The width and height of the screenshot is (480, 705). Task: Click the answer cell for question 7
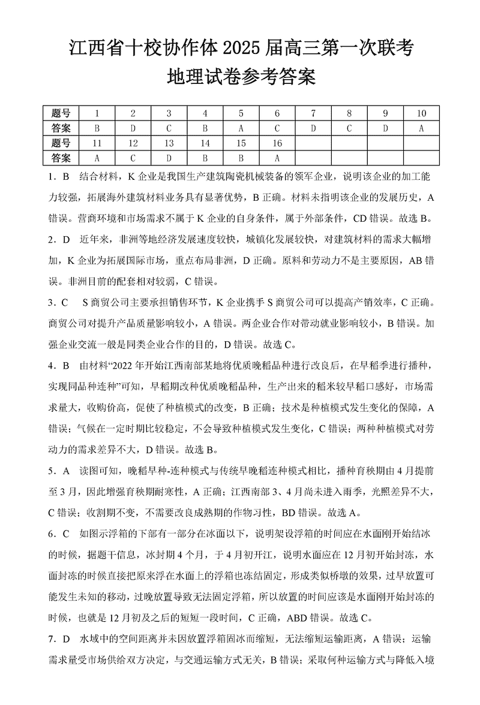click(x=313, y=128)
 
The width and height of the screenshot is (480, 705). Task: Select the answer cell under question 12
click(x=133, y=158)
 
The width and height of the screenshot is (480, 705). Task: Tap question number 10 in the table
click(x=422, y=113)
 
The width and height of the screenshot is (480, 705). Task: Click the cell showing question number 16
click(x=277, y=143)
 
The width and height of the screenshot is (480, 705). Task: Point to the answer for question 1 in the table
click(x=97, y=128)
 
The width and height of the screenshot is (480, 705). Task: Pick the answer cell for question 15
click(x=241, y=158)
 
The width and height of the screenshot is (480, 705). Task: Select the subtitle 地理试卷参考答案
click(x=240, y=77)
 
